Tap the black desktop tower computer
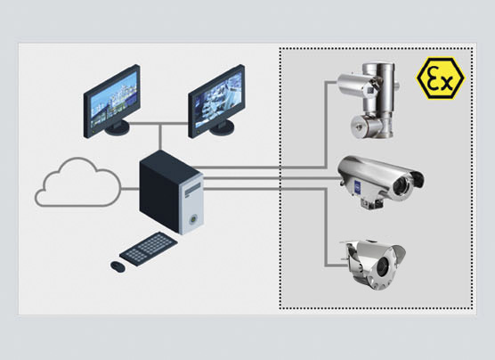172,191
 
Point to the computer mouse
117,266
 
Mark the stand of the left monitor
115,129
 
